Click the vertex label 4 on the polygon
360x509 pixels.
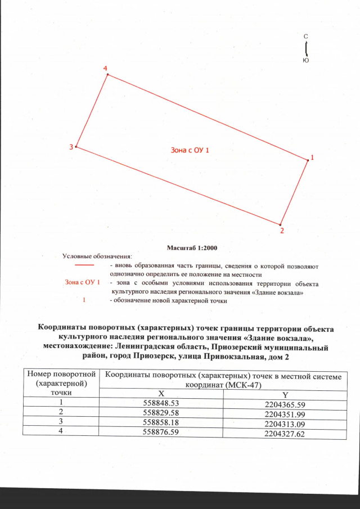pyautogui.click(x=106, y=68)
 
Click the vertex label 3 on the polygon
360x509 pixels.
pyautogui.click(x=71, y=147)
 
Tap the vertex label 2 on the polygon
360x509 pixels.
pyautogui.click(x=282, y=230)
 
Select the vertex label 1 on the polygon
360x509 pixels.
pyautogui.click(x=312, y=157)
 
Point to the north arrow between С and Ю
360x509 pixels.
pyautogui.click(x=305, y=47)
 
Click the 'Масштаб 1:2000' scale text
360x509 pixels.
pyautogui.click(x=192, y=247)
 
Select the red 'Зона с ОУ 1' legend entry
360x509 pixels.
pyautogui.click(x=83, y=281)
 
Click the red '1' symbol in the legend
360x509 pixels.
pyautogui.click(x=84, y=301)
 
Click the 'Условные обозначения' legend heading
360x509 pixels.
pyautogui.click(x=96, y=256)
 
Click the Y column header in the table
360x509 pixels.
pyautogui.click(x=285, y=395)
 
